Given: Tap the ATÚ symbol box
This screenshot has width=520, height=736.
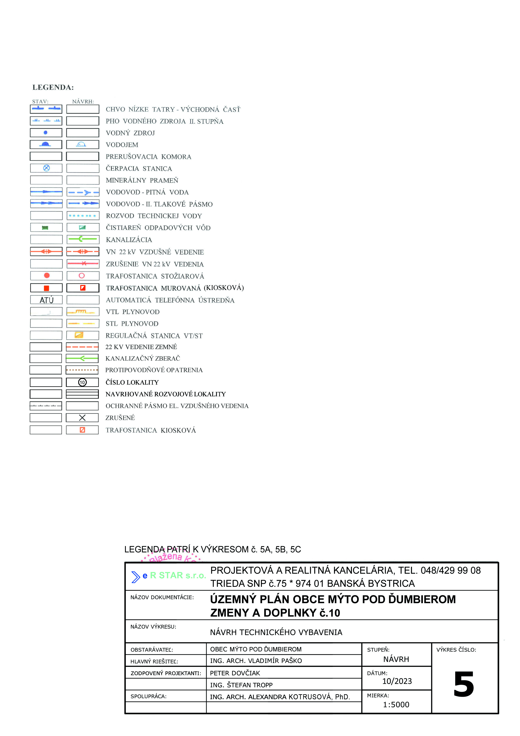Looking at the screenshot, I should [x=46, y=300].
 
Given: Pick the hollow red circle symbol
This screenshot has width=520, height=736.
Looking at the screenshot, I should [x=82, y=276].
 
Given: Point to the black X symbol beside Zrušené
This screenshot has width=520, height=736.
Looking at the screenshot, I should [x=82, y=418].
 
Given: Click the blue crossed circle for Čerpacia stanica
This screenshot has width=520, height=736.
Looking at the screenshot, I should [x=46, y=168].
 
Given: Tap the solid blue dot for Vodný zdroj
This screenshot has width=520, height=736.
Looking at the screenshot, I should [x=46, y=132].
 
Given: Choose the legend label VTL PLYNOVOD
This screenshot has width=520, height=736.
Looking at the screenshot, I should [x=133, y=312].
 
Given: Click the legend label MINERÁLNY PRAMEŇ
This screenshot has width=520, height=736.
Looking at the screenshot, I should [x=142, y=180].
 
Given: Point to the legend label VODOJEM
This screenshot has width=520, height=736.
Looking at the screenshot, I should [x=122, y=145].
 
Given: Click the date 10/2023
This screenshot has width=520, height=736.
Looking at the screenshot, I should [x=397, y=681].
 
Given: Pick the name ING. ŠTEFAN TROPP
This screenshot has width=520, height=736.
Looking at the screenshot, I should [x=241, y=685].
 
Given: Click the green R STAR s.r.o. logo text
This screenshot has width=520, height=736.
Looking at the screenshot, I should [x=178, y=575].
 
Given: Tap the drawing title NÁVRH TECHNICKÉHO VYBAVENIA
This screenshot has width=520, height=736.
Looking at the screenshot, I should [x=276, y=632].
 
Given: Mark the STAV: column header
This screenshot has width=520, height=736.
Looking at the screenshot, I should [x=40, y=102].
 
